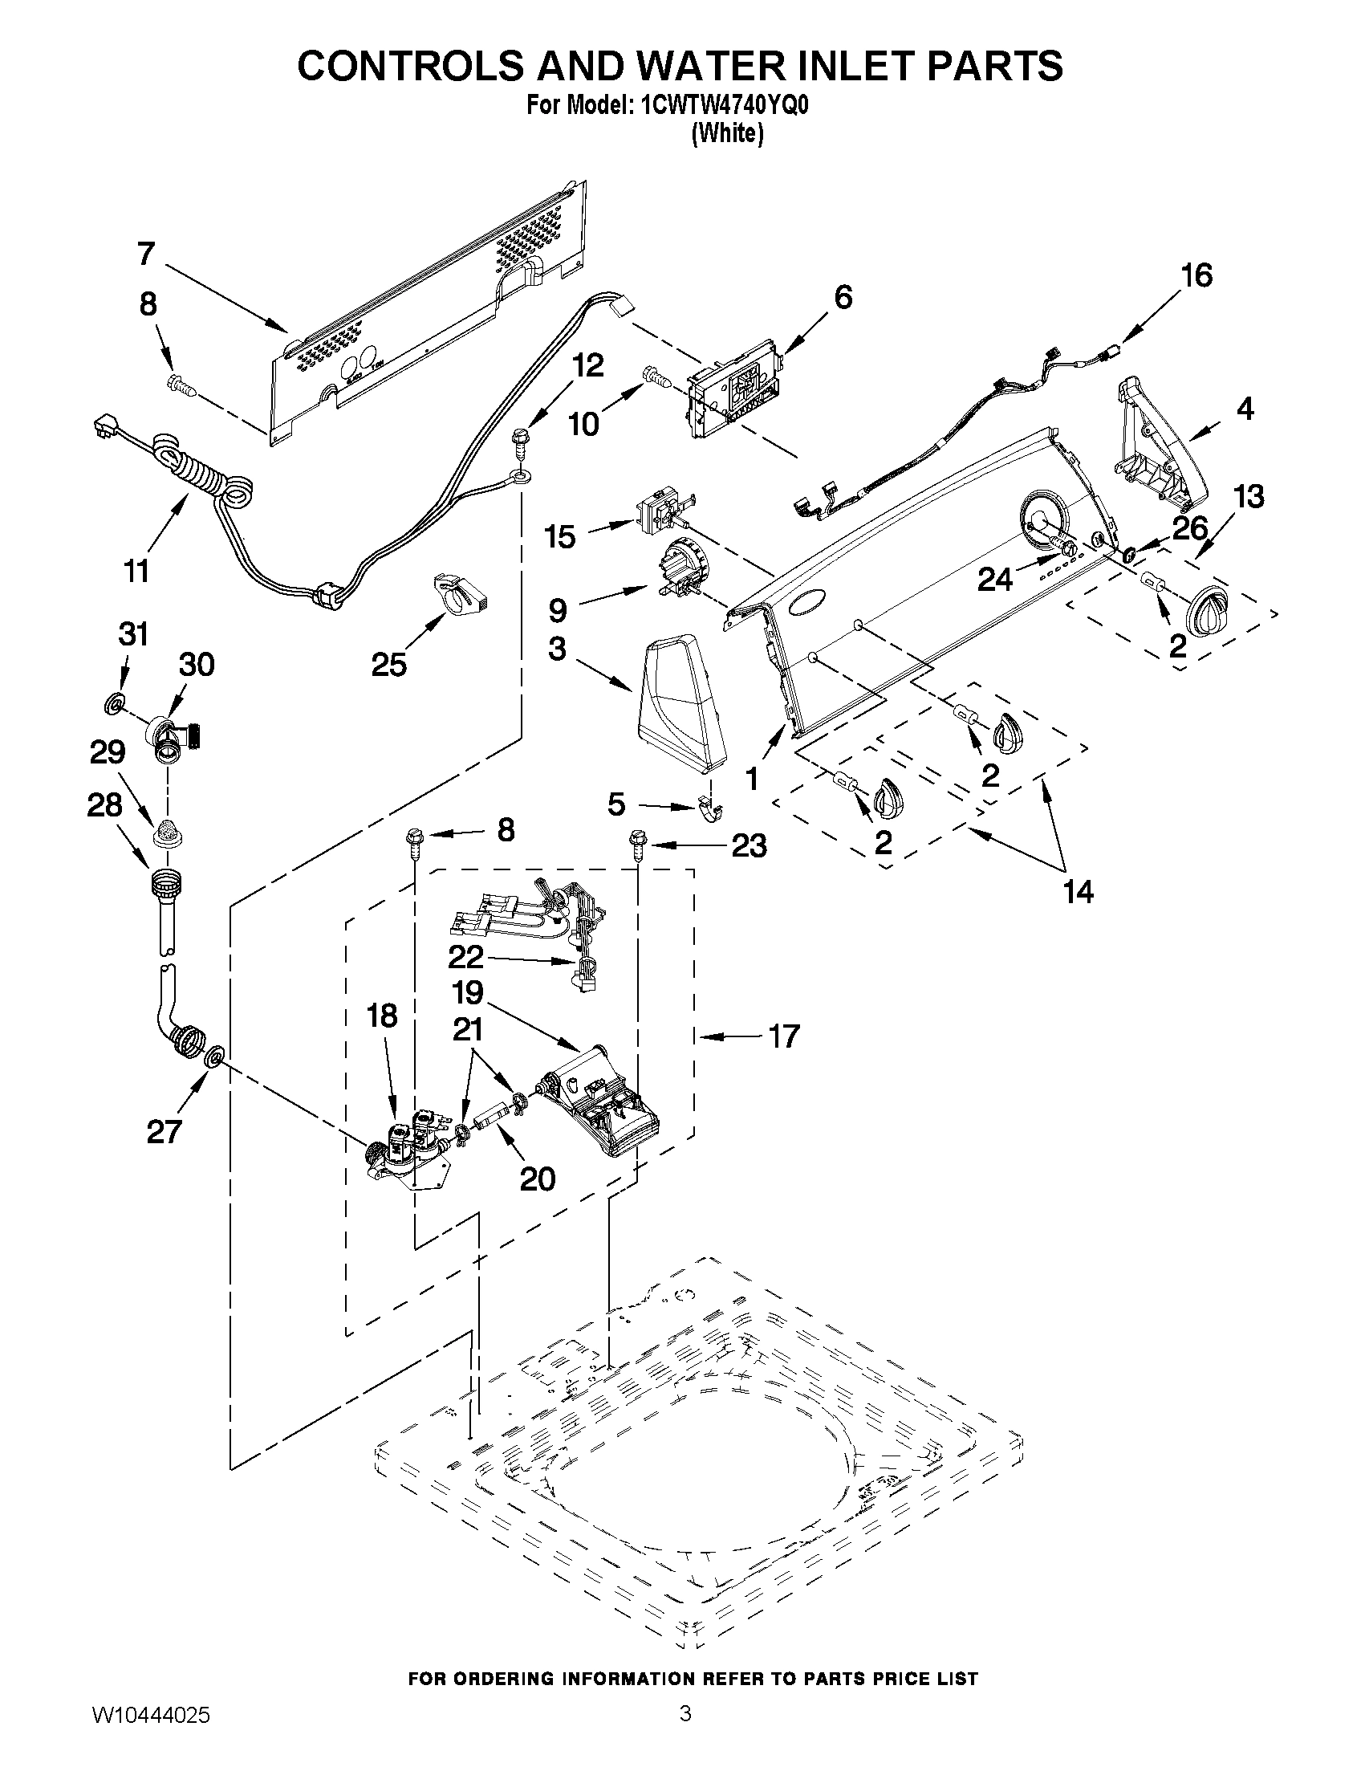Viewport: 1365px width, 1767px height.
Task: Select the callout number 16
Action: pyautogui.click(x=1196, y=276)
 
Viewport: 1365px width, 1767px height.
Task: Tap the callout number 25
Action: pyautogui.click(x=388, y=665)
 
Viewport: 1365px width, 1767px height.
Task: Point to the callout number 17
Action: pyautogui.click(x=783, y=1036)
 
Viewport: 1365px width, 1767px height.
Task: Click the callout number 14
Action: pyautogui.click(x=1078, y=892)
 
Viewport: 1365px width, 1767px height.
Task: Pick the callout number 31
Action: pyautogui.click(x=133, y=634)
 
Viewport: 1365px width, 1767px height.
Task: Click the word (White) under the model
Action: pyautogui.click(x=728, y=133)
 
